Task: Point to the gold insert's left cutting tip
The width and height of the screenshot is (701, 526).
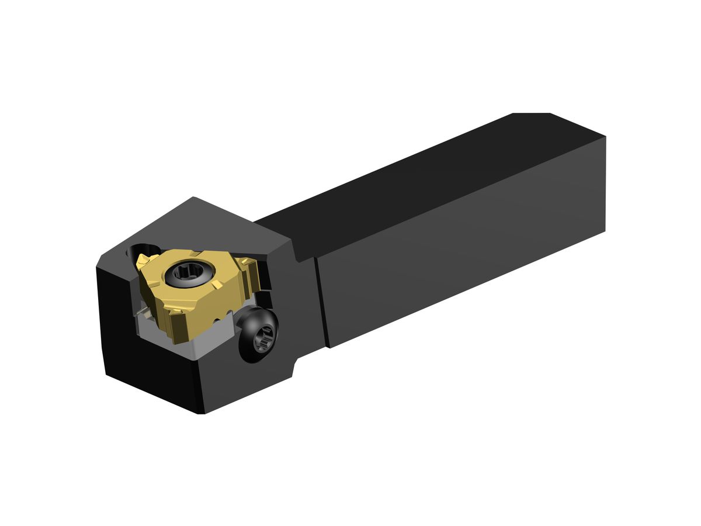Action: tap(142, 260)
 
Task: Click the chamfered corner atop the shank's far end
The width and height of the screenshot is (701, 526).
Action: tap(532, 114)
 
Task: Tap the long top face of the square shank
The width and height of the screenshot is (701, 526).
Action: tap(421, 175)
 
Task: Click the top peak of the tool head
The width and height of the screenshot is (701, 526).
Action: tap(193, 198)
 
